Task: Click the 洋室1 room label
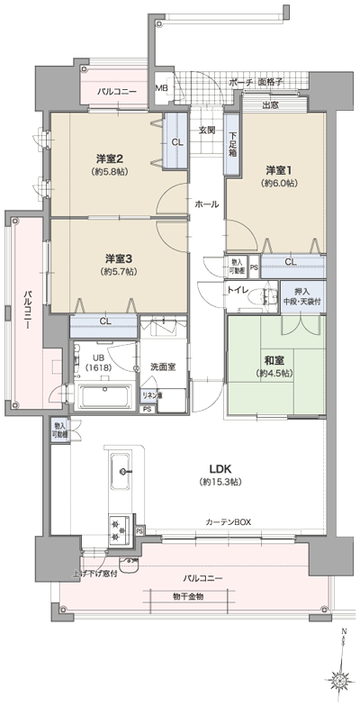(x=275, y=170)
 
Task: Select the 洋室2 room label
(x=110, y=159)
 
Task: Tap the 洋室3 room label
(x=118, y=258)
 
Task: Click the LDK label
(x=221, y=469)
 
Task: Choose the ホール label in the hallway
(x=206, y=204)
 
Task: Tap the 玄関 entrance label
(x=206, y=130)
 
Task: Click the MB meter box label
(x=161, y=88)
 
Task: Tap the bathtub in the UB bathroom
(x=105, y=395)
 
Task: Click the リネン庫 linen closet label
(x=152, y=394)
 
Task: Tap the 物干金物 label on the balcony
(x=188, y=596)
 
